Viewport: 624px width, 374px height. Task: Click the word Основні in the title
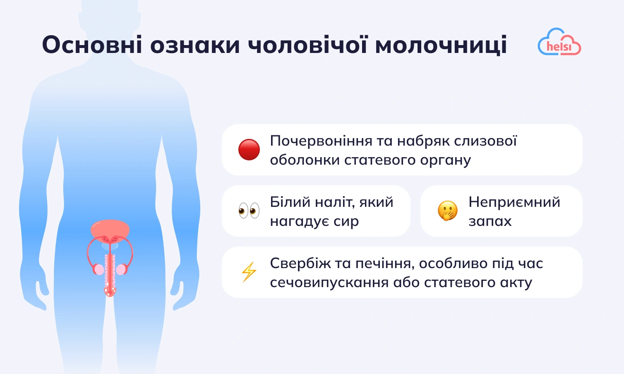(x=92, y=45)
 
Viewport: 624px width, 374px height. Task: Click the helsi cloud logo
(x=559, y=42)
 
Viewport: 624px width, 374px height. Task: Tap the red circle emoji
(x=249, y=149)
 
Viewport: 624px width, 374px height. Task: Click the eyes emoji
(x=249, y=211)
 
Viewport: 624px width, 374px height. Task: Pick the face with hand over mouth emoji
(x=448, y=211)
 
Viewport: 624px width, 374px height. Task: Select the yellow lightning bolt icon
(x=249, y=272)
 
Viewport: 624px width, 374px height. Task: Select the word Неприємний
(x=514, y=202)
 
